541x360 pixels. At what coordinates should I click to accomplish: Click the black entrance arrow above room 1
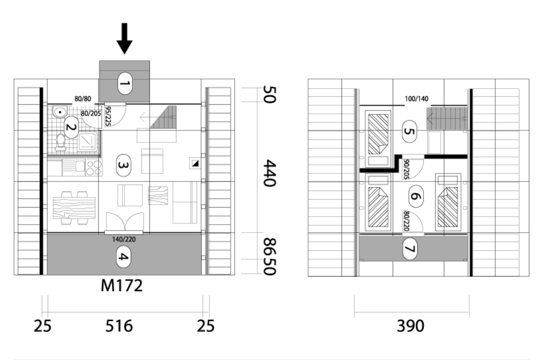[x=124, y=38]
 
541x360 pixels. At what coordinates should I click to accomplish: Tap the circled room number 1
[x=124, y=83]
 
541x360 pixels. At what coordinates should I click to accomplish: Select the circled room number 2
[x=71, y=127]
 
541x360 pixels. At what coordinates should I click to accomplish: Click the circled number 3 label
[x=123, y=165]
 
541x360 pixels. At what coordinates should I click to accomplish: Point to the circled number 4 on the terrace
[x=123, y=257]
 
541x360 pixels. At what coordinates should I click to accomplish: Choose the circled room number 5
[x=409, y=131]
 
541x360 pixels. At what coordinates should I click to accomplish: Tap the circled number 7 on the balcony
[x=410, y=249]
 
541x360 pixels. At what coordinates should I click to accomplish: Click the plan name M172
[x=121, y=286]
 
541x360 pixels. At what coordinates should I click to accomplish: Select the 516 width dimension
[x=119, y=326]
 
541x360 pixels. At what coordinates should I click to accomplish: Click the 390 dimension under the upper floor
[x=410, y=326]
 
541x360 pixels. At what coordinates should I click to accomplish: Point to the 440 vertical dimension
[x=269, y=173]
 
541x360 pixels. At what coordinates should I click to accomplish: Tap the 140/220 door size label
[x=124, y=239]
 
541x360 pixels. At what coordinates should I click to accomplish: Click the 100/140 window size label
[x=417, y=99]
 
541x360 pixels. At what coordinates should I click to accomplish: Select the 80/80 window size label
[x=83, y=99]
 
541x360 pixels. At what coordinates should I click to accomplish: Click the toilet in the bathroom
[x=60, y=142]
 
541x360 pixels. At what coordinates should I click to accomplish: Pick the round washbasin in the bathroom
[x=60, y=112]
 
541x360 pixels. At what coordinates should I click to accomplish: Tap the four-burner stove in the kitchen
[x=93, y=168]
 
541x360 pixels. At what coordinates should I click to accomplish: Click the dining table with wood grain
[x=74, y=208]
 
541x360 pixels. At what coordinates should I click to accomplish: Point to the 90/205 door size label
[x=406, y=169]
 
